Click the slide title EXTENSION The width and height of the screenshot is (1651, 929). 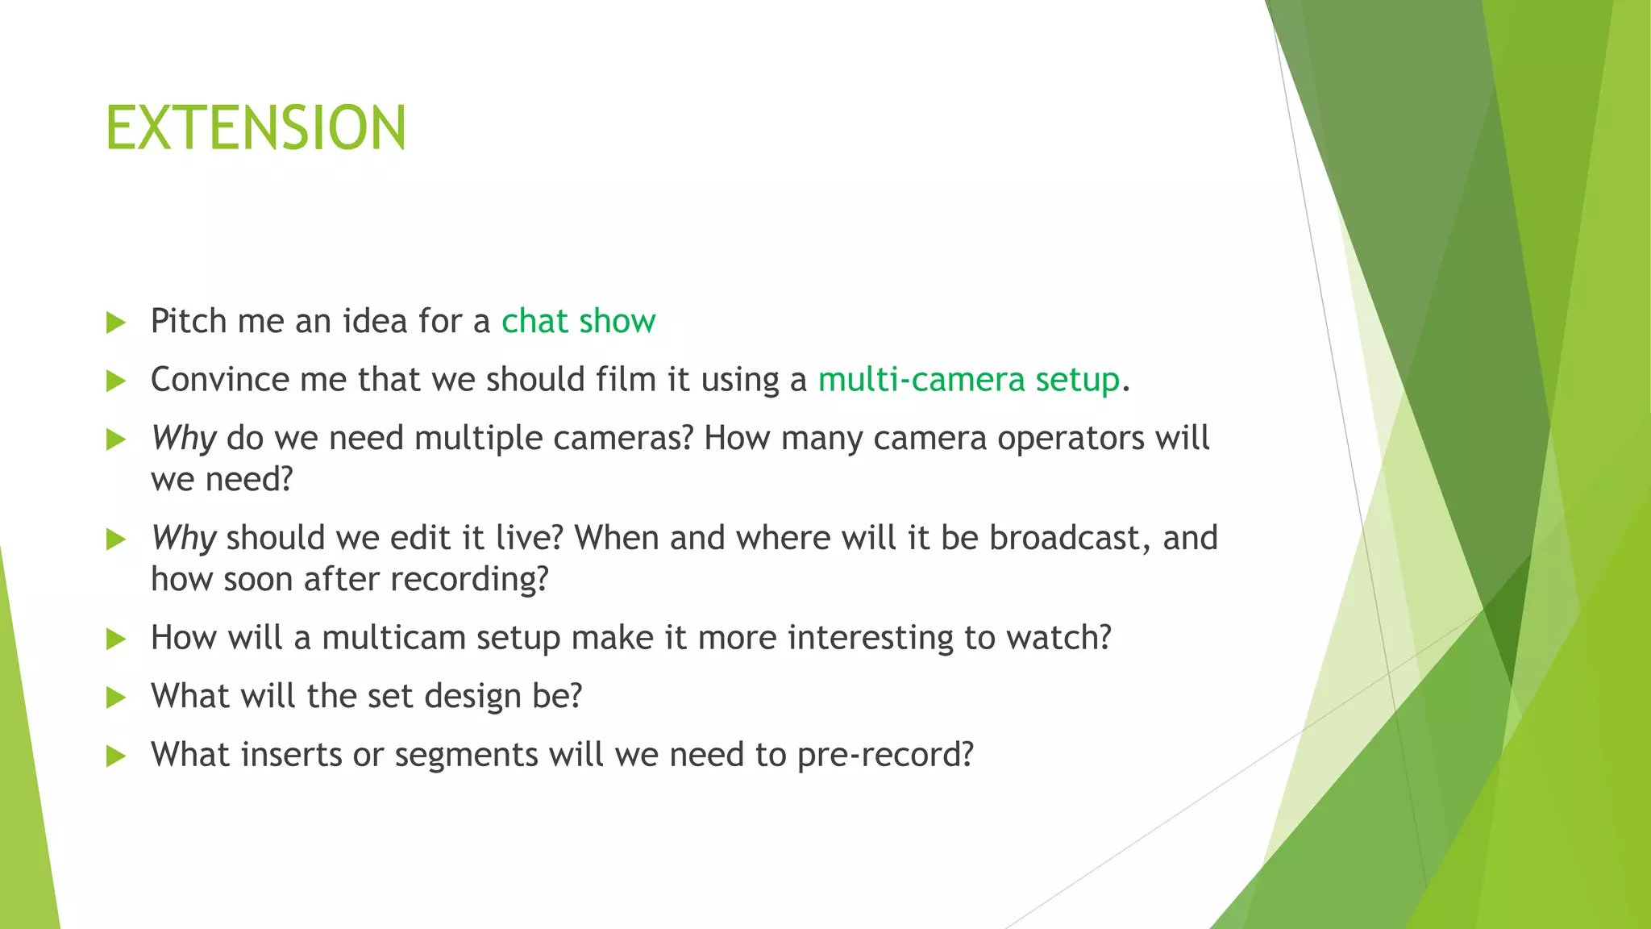click(x=256, y=129)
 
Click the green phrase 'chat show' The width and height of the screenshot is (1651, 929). click(x=578, y=321)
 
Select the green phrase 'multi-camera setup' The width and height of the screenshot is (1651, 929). click(x=968, y=380)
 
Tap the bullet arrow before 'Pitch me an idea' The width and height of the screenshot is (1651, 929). click(x=116, y=323)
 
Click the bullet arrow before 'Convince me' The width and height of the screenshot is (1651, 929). click(x=116, y=381)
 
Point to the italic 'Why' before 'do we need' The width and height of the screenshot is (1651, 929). click(x=183, y=439)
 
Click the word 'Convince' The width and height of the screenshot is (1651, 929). click(x=220, y=380)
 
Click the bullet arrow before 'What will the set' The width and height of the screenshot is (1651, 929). click(x=116, y=698)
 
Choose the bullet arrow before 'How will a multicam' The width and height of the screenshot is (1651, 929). click(x=116, y=639)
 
